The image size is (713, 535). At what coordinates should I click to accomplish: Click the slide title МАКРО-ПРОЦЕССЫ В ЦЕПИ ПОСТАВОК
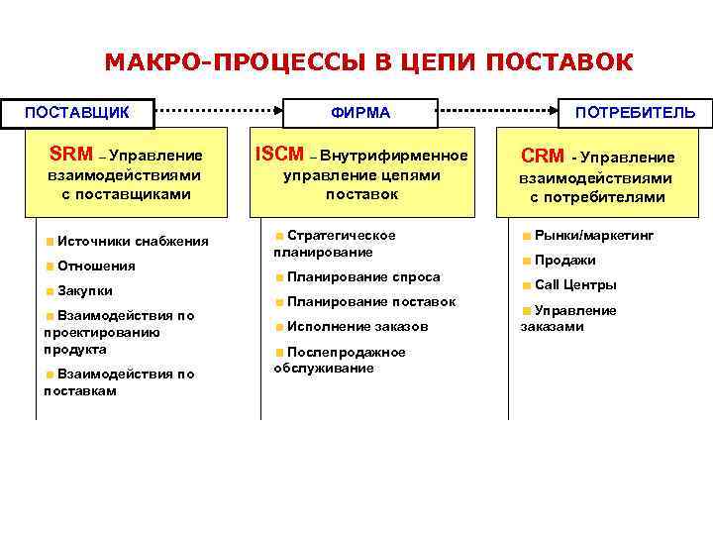coord(368,63)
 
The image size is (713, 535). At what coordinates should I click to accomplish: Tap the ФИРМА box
coord(360,112)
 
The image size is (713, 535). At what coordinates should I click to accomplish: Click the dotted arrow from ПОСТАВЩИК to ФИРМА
coord(220,111)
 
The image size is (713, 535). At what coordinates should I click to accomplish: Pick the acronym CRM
coord(543,157)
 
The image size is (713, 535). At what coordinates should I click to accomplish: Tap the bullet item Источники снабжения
coord(132,241)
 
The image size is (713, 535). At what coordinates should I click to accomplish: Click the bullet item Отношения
coord(96,266)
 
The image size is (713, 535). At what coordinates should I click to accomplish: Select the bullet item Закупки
coord(85,291)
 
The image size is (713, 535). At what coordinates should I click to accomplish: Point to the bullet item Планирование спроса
coord(363,277)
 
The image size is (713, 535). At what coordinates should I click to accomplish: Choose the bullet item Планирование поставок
coord(371,302)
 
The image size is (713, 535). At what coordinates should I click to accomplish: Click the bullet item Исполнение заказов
coord(357,327)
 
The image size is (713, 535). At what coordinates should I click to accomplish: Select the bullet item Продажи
coord(565,261)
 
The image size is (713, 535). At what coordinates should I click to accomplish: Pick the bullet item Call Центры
coord(575,285)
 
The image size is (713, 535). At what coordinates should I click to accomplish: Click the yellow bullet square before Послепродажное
coord(280,353)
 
